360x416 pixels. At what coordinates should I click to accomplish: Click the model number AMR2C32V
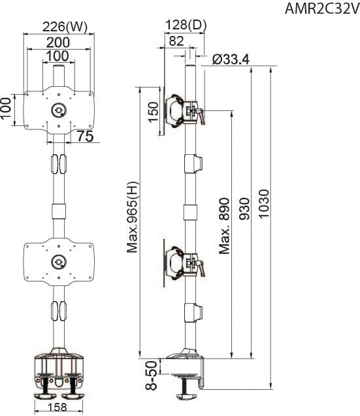point(322,9)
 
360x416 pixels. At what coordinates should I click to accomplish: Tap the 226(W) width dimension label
point(65,27)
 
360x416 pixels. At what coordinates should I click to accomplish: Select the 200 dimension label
point(58,42)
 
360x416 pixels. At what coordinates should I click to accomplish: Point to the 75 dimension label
point(86,136)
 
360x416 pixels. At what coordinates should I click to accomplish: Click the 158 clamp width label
point(58,408)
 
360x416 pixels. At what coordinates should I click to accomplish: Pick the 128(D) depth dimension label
point(186,25)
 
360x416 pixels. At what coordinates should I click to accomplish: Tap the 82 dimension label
point(176,41)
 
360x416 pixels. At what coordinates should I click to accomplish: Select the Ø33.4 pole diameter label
point(231,59)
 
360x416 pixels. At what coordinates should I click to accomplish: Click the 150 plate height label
point(153,112)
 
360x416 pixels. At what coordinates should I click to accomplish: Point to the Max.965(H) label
point(133,217)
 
